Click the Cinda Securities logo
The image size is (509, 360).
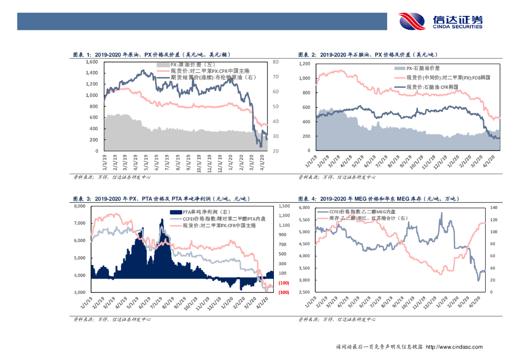(440, 21)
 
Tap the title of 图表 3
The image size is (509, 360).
(161, 199)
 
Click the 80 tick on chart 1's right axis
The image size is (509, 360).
(276, 62)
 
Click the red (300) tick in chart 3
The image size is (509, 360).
(284, 292)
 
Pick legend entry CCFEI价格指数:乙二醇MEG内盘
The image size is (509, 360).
(360, 212)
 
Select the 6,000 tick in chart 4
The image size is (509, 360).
(304, 207)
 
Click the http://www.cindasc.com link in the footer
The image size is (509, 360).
(454, 347)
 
